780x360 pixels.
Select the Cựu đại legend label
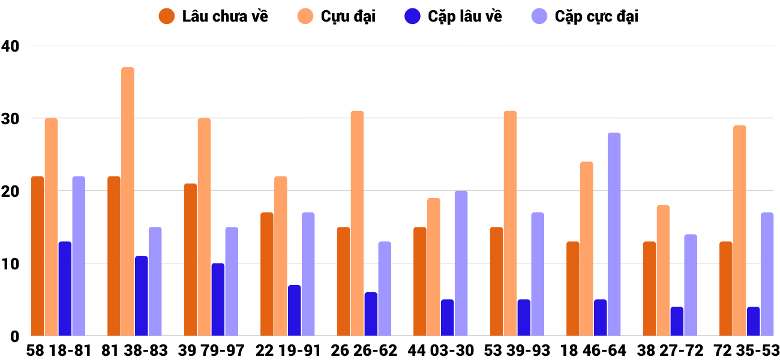pos(348,16)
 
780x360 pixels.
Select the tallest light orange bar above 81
pos(128,202)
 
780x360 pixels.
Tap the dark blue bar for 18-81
pos(65,289)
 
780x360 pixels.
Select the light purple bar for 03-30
pos(461,263)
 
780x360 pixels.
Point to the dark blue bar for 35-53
pos(753,322)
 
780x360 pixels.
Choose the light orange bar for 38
pos(663,271)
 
